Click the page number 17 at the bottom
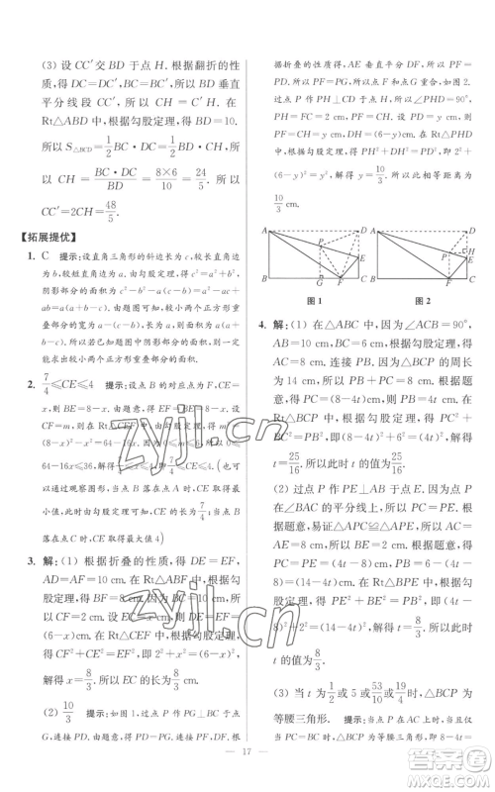tap(247, 772)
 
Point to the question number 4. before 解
tap(262, 324)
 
